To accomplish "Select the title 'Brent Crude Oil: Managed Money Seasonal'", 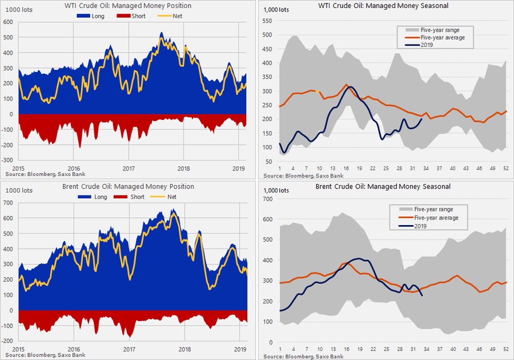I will (383, 186).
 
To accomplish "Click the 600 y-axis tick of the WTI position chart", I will (9, 22).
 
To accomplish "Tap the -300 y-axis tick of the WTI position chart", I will (7, 161).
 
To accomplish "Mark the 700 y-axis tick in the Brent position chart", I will (9, 203).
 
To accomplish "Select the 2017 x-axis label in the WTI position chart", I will (128, 169).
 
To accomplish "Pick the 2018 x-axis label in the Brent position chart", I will (183, 348).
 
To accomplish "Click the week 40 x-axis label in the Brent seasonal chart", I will (452, 349).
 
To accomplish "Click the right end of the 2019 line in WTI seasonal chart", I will (422, 118).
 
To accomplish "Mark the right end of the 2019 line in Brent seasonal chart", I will (422, 295).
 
